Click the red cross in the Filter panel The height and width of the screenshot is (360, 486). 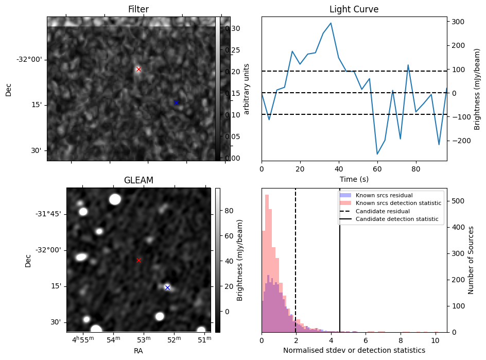[138, 69]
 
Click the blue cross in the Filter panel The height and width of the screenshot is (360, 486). [176, 102]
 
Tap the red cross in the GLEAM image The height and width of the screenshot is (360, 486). [138, 260]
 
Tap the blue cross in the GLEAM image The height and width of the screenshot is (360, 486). [167, 287]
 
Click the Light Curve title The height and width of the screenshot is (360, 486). [354, 9]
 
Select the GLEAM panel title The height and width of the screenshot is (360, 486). [138, 180]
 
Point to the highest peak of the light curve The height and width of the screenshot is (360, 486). [331, 23]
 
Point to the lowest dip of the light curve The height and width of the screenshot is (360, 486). [377, 154]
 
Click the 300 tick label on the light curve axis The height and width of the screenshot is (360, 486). [458, 22]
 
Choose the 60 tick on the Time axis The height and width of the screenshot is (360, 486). [377, 169]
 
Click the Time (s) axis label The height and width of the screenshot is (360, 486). [354, 179]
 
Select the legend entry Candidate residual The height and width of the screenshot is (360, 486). [383, 211]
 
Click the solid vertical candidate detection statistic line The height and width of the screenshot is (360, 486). [340, 260]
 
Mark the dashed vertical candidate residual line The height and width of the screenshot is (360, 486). [296, 260]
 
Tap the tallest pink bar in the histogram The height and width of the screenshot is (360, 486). [267, 263]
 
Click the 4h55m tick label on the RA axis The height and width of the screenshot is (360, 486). [83, 339]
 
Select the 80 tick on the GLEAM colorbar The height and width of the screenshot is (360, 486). [229, 211]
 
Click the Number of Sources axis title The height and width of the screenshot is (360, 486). [471, 260]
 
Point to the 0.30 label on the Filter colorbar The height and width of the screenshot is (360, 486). [233, 28]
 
